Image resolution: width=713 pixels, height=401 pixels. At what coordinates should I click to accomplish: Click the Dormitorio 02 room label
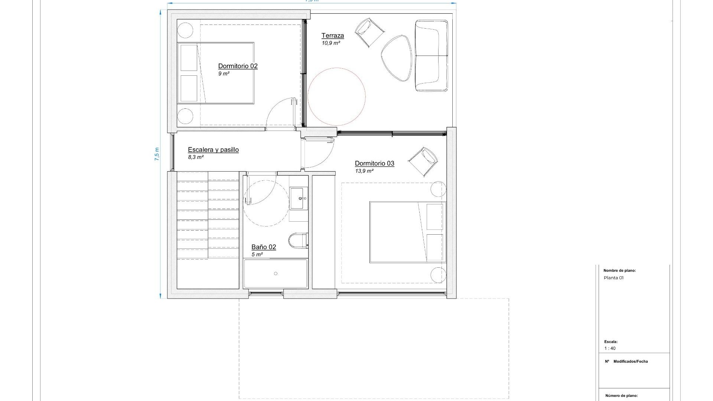(238, 66)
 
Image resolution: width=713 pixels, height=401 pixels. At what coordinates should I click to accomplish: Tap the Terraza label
(332, 36)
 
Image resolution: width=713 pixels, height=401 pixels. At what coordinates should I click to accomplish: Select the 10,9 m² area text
(331, 43)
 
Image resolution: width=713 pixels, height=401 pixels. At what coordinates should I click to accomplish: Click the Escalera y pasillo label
(213, 150)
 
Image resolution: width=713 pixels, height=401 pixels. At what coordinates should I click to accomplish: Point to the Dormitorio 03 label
(374, 163)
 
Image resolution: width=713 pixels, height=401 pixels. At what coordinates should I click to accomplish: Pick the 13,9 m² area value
(364, 171)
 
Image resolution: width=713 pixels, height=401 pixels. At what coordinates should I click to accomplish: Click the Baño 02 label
(264, 247)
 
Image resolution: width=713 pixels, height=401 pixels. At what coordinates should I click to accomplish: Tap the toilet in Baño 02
(298, 241)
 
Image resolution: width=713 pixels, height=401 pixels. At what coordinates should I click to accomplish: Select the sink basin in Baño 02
(299, 198)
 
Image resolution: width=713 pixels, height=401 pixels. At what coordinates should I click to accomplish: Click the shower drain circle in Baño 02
(276, 274)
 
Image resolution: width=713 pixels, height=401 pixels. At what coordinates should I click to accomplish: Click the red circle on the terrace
(336, 97)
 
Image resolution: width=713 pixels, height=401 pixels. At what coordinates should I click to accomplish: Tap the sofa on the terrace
(432, 56)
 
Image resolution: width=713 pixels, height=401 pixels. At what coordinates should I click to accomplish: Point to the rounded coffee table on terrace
(397, 58)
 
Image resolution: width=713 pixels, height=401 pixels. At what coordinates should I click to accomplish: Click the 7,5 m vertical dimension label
(157, 154)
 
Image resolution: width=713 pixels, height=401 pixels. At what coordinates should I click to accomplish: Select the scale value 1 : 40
(610, 348)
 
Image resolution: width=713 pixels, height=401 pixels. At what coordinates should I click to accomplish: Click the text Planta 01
(613, 278)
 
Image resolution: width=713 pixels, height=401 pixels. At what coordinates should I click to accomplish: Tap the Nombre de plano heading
(619, 271)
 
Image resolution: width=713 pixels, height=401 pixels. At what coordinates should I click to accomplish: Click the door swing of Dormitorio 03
(319, 152)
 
